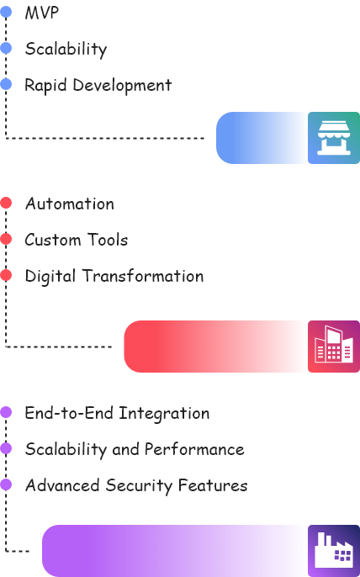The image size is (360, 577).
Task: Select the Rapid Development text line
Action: point(99,85)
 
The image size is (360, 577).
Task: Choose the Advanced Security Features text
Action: point(135,486)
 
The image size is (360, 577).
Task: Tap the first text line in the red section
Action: point(67,207)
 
